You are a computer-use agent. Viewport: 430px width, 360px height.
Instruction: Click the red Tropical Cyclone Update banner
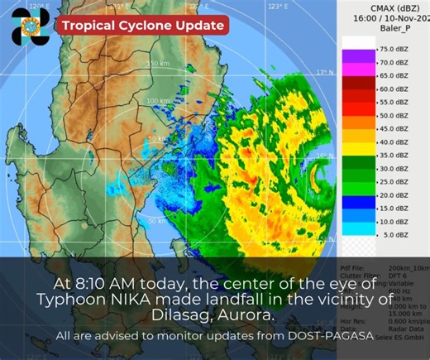click(x=141, y=26)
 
